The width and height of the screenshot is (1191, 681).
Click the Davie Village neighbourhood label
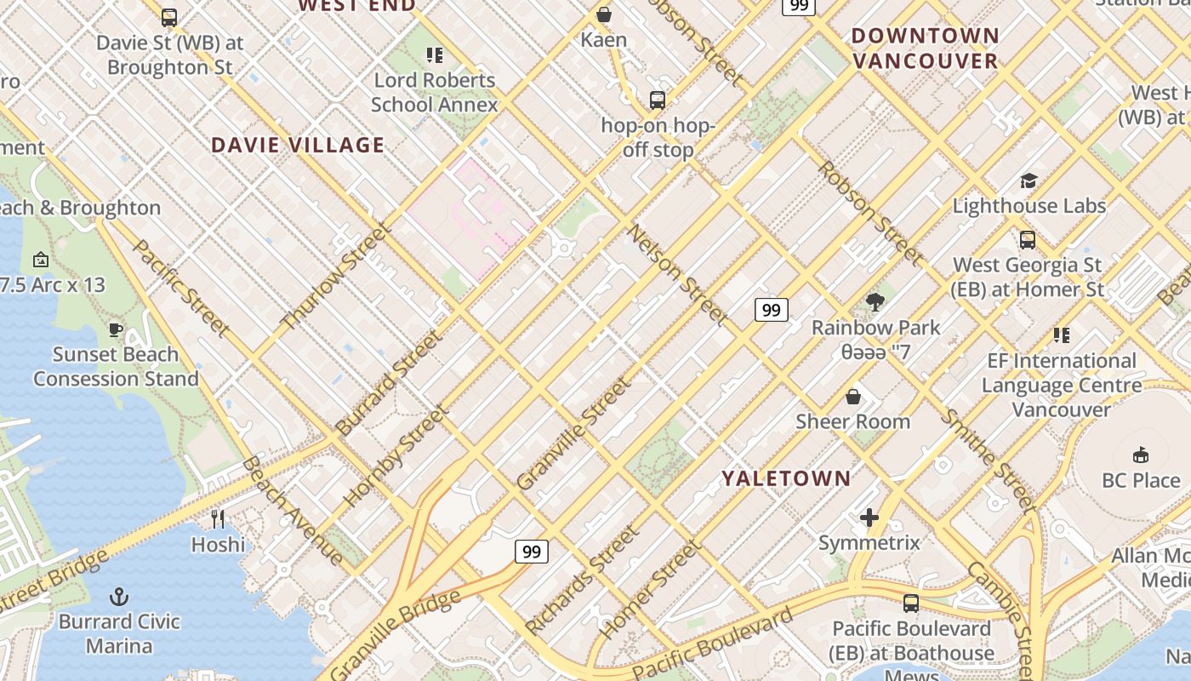[298, 145]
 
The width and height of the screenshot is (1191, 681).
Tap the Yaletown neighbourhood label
[786, 478]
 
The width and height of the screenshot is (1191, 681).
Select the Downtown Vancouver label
[925, 48]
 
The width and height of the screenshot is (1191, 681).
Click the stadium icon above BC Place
[1141, 455]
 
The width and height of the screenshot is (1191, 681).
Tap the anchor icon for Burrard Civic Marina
[119, 597]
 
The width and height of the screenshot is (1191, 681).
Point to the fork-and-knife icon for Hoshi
[218, 518]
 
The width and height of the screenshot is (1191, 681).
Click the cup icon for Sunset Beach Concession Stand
[116, 329]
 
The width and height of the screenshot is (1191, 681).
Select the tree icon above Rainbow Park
[875, 302]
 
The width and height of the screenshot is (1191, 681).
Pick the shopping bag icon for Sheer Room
[852, 397]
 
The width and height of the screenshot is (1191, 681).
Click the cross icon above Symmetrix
[869, 517]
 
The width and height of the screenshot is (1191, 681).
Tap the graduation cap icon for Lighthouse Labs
[1029, 180]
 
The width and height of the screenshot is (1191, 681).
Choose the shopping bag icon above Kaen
[604, 14]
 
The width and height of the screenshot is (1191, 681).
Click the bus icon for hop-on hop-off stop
[658, 100]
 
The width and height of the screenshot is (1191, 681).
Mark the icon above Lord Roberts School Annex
[435, 55]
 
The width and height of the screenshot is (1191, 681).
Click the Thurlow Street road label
[337, 276]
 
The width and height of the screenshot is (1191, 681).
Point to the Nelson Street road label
[678, 275]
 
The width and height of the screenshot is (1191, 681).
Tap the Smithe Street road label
[987, 461]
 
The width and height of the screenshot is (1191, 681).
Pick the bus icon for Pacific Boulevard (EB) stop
[911, 604]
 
